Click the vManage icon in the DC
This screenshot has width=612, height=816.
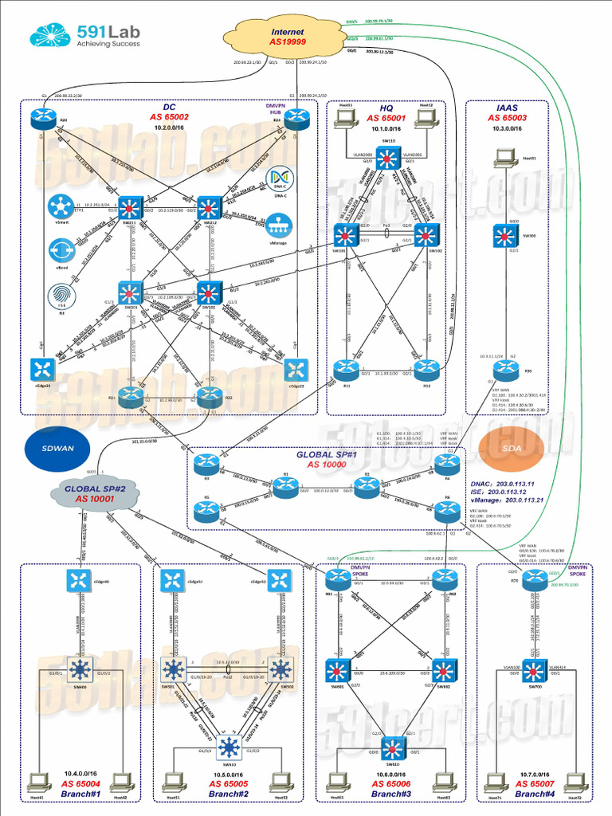coord(277,226)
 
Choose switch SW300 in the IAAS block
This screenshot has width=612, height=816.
coord(504,236)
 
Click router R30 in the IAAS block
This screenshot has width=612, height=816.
coord(504,369)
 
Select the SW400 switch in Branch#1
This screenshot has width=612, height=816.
coord(80,669)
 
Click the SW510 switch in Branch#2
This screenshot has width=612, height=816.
coord(229,747)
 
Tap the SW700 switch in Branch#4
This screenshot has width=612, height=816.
coord(534,670)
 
